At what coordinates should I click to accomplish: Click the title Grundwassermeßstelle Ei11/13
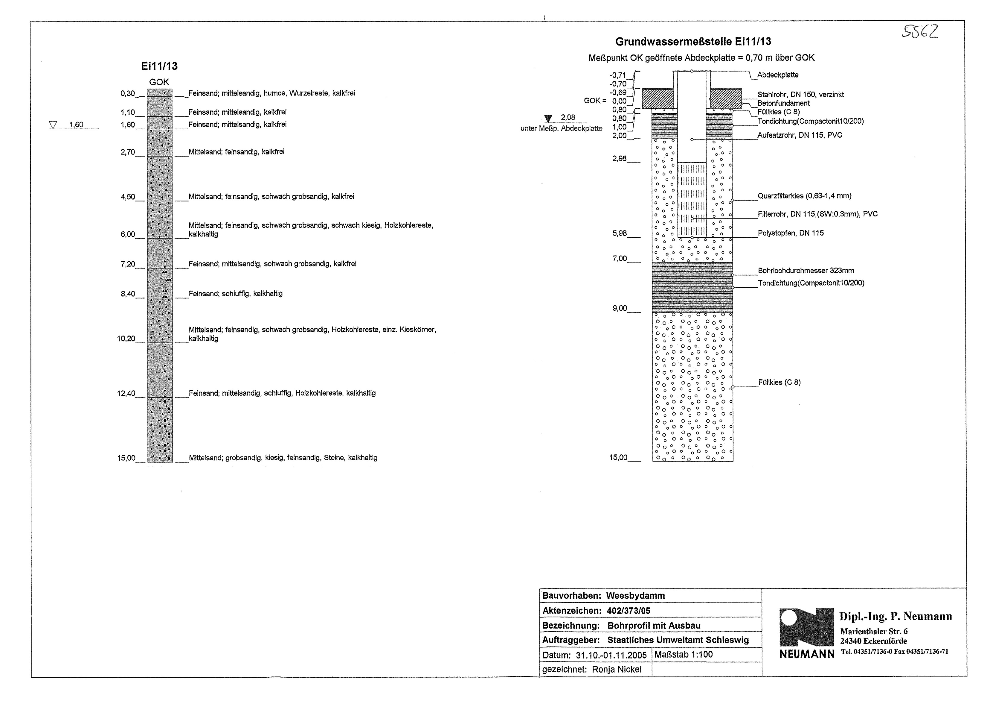pyautogui.click(x=693, y=42)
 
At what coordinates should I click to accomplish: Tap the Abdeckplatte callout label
pyautogui.click(x=778, y=75)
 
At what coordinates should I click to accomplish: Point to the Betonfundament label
pyautogui.click(x=783, y=103)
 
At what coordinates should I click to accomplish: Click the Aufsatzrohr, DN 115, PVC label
pyautogui.click(x=800, y=135)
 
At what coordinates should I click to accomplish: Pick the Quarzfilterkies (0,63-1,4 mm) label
pyautogui.click(x=804, y=196)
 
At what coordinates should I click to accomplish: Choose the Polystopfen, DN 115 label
pyautogui.click(x=790, y=233)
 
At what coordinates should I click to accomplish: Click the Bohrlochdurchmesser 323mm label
pyautogui.click(x=806, y=271)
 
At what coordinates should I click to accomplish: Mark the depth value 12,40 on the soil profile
pyautogui.click(x=126, y=394)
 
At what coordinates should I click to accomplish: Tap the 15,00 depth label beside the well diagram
pyautogui.click(x=618, y=458)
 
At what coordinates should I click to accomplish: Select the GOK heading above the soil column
pyautogui.click(x=159, y=82)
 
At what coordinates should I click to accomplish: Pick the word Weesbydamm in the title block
pyautogui.click(x=635, y=596)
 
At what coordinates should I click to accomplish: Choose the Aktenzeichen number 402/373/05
pyautogui.click(x=629, y=611)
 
